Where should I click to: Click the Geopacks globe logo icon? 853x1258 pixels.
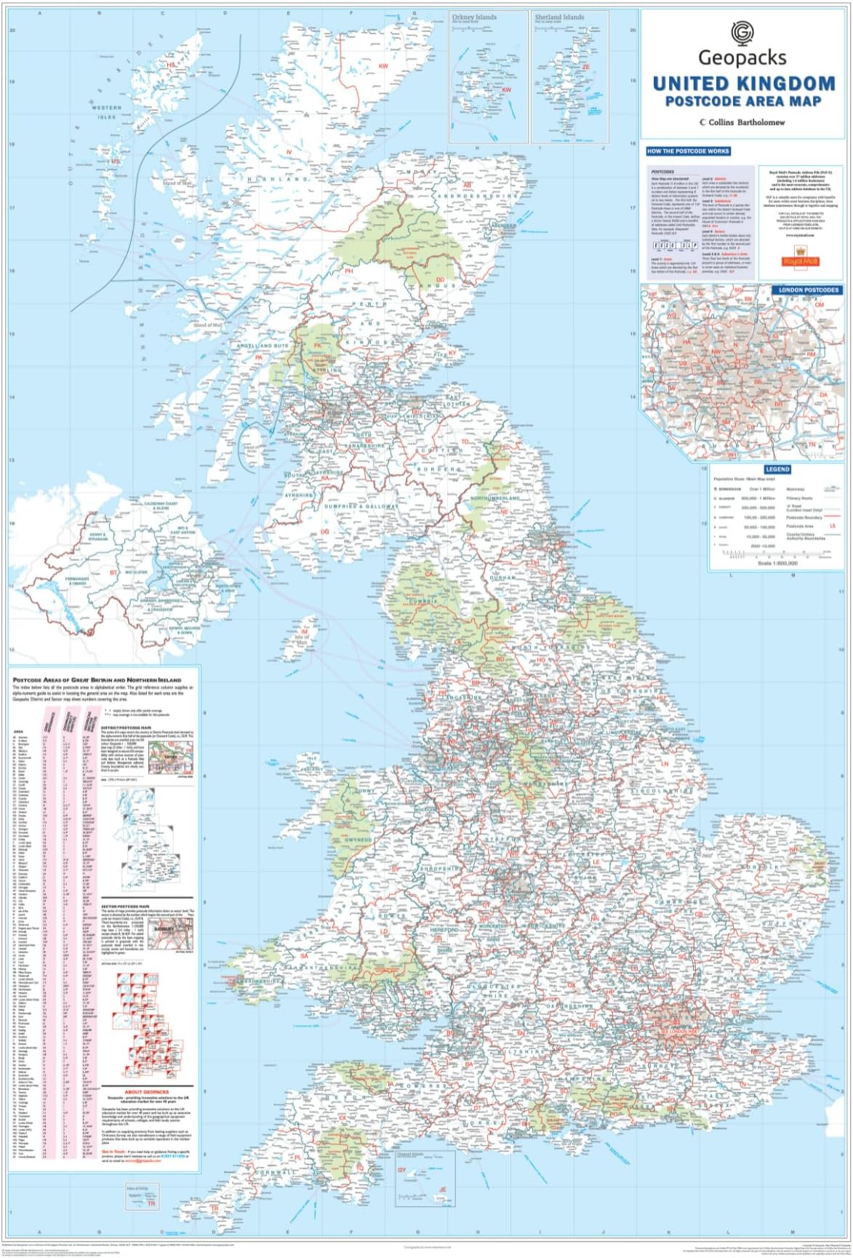click(x=742, y=33)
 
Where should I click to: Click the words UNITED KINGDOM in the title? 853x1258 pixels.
click(x=743, y=84)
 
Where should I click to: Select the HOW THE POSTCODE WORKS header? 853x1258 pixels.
click(x=687, y=151)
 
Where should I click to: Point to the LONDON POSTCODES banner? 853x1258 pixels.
click(x=808, y=290)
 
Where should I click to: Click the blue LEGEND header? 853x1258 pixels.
click(x=776, y=469)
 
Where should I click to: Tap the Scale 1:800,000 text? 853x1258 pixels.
click(x=777, y=562)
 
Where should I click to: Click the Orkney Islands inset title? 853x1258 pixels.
click(x=474, y=17)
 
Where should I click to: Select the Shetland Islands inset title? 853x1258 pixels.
click(x=559, y=17)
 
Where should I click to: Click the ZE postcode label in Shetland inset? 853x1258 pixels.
click(x=585, y=66)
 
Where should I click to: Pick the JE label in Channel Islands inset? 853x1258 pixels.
click(x=441, y=1190)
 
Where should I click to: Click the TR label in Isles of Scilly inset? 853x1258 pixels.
click(x=151, y=1204)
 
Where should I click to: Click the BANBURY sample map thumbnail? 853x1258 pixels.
click(x=176, y=933)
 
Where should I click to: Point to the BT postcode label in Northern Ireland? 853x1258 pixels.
click(x=113, y=573)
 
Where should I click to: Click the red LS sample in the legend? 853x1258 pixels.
click(x=833, y=525)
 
